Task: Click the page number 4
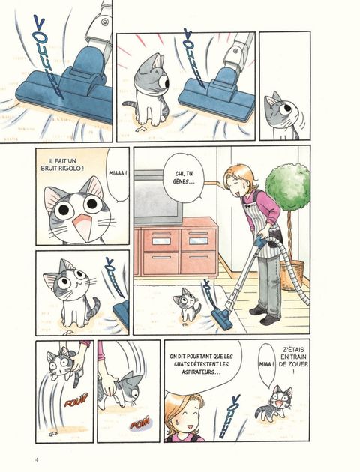(37, 460)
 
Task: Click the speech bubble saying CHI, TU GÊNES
(184, 178)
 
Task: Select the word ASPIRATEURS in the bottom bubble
(201, 372)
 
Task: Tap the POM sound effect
(139, 423)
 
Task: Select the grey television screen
(157, 197)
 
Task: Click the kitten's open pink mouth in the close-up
(79, 227)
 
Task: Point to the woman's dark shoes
(265, 315)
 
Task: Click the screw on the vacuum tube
(105, 21)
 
